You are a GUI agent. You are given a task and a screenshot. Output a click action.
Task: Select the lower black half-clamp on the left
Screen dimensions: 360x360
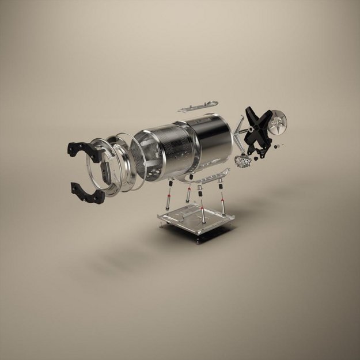pyautogui.click(x=86, y=192)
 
